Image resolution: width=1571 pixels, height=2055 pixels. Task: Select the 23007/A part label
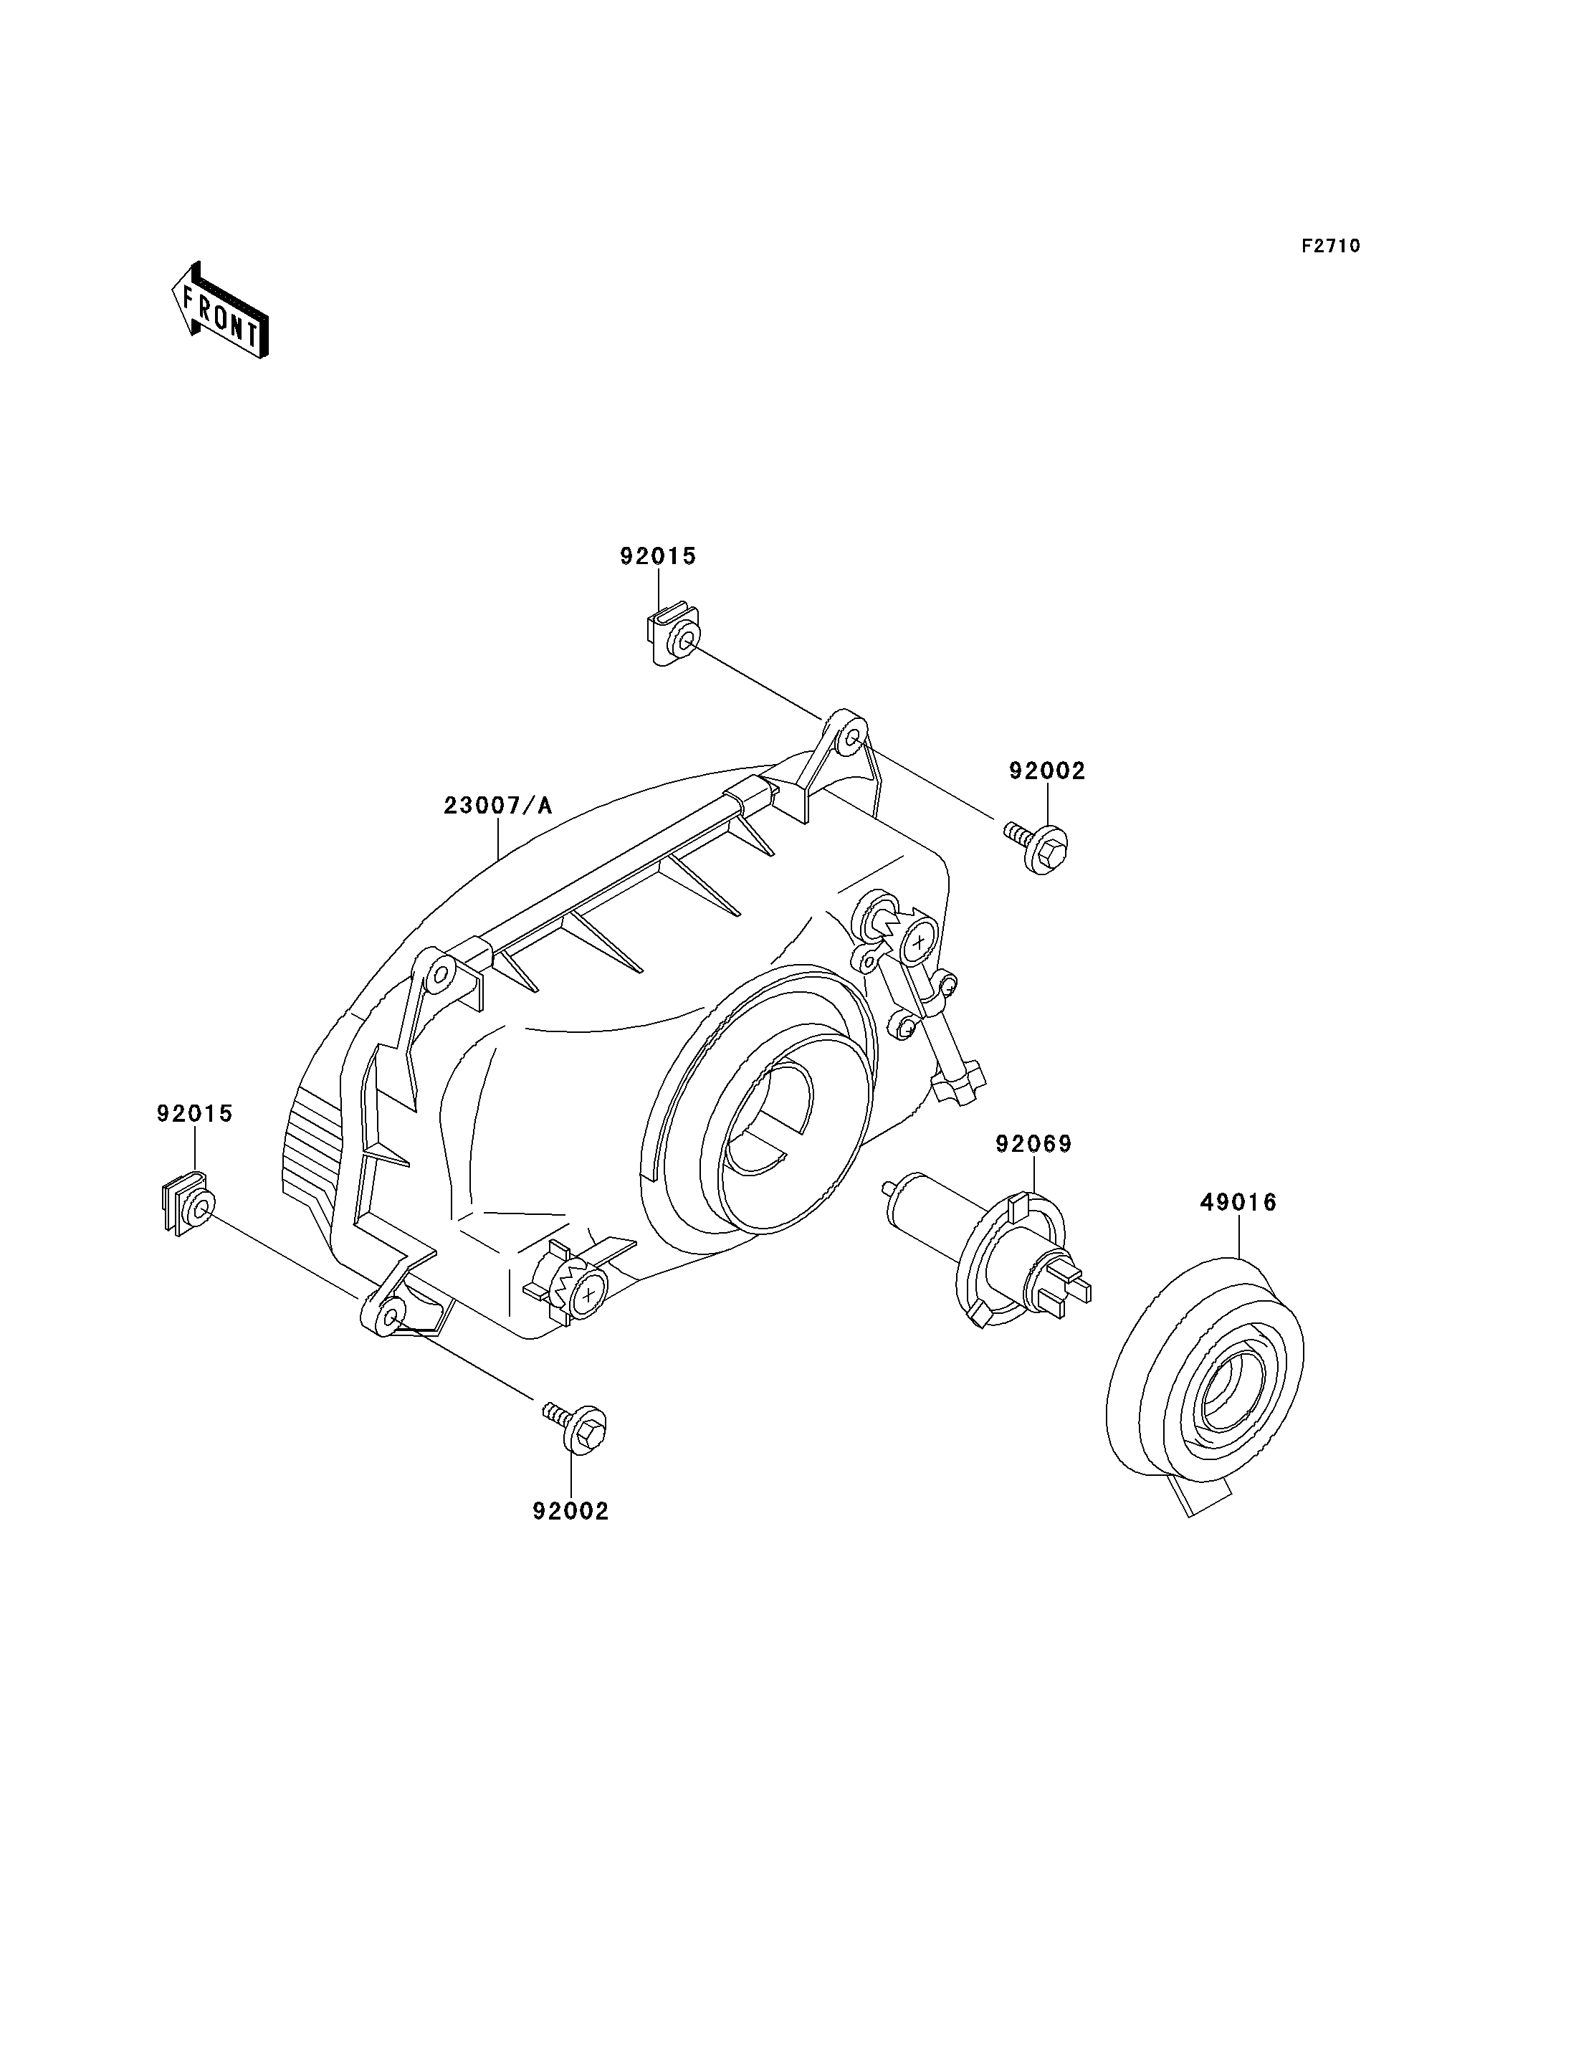[497, 806]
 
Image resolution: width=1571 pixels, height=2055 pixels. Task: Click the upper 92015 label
[659, 556]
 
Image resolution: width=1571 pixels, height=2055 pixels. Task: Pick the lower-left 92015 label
[194, 1114]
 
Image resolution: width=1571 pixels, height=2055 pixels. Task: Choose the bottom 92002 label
[570, 1511]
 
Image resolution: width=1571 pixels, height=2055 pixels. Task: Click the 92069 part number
[1033, 1144]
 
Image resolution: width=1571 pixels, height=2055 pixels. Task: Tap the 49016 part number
[1238, 1202]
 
